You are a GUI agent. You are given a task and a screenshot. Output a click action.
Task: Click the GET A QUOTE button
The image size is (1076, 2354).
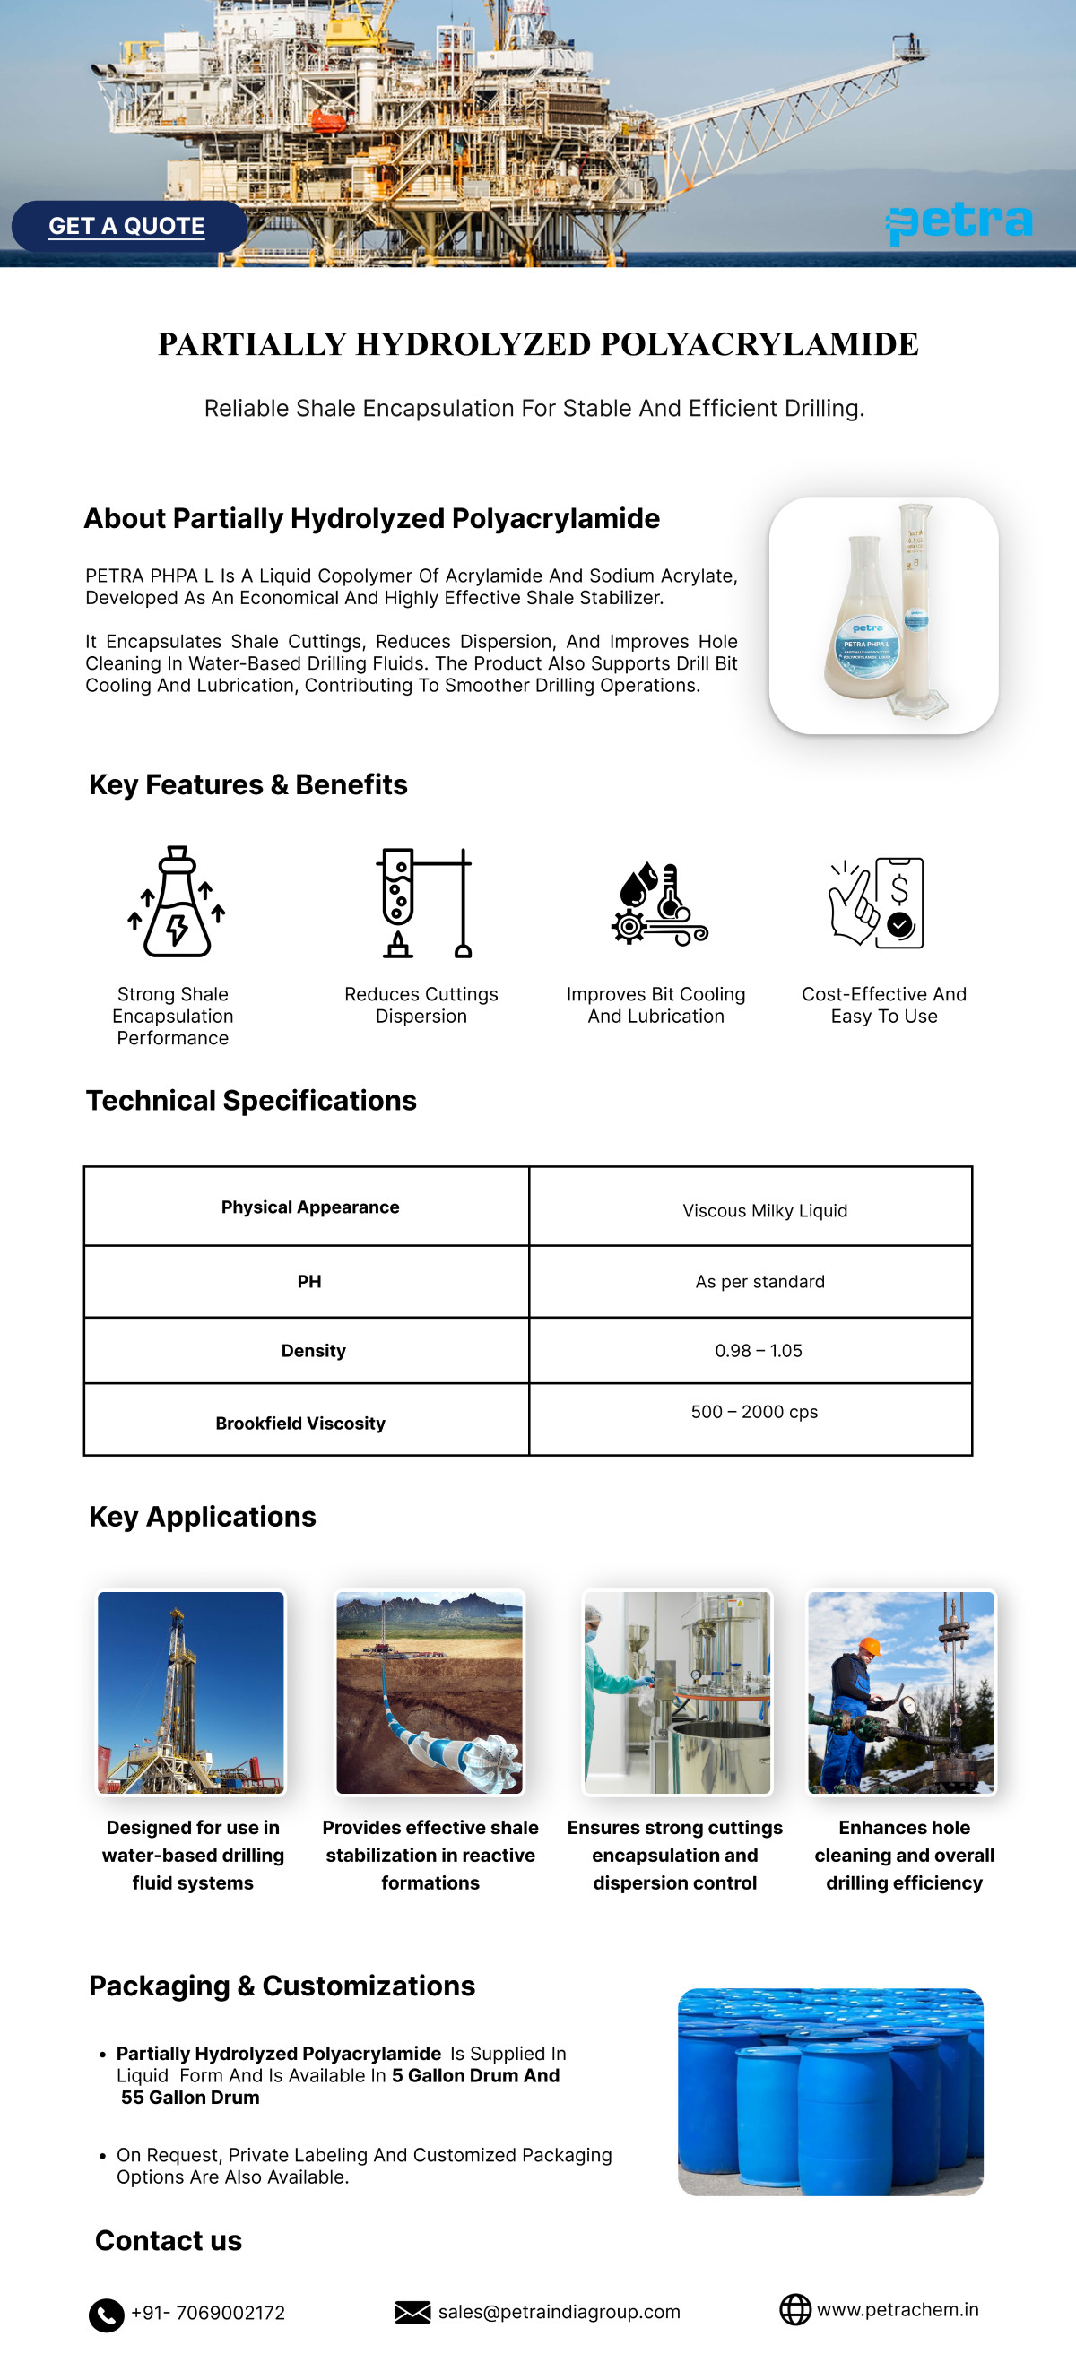tap(127, 226)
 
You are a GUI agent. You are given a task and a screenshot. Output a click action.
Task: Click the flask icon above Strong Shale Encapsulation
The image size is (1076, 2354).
tap(177, 902)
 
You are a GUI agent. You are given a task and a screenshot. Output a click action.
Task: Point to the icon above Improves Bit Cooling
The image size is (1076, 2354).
tap(659, 904)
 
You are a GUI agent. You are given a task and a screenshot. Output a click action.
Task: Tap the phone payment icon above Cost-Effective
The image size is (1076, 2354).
tap(878, 902)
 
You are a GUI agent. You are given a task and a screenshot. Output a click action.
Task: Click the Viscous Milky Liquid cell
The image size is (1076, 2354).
tap(764, 1211)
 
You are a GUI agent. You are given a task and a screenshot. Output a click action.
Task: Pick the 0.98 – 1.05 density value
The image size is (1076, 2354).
tap(758, 1351)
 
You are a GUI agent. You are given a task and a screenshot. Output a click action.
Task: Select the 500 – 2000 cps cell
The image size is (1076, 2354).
tap(754, 1412)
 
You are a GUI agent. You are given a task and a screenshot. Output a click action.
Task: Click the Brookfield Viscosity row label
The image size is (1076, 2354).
tap(300, 1423)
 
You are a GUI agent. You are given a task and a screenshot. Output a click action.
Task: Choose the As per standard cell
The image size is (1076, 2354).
tap(759, 1282)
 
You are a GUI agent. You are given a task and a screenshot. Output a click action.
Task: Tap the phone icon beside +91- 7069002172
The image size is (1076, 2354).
tap(106, 2315)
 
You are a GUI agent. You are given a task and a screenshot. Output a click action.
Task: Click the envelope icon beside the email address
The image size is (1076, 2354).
tap(412, 2312)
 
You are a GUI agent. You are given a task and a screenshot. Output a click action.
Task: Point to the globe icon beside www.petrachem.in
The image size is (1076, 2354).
tap(794, 2309)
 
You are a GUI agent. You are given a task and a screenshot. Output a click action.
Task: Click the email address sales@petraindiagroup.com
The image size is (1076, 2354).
tap(559, 2312)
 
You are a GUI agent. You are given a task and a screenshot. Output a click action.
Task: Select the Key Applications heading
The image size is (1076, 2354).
tap(202, 1517)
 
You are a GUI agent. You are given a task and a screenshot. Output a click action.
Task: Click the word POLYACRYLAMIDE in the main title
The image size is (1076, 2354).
tap(759, 344)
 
